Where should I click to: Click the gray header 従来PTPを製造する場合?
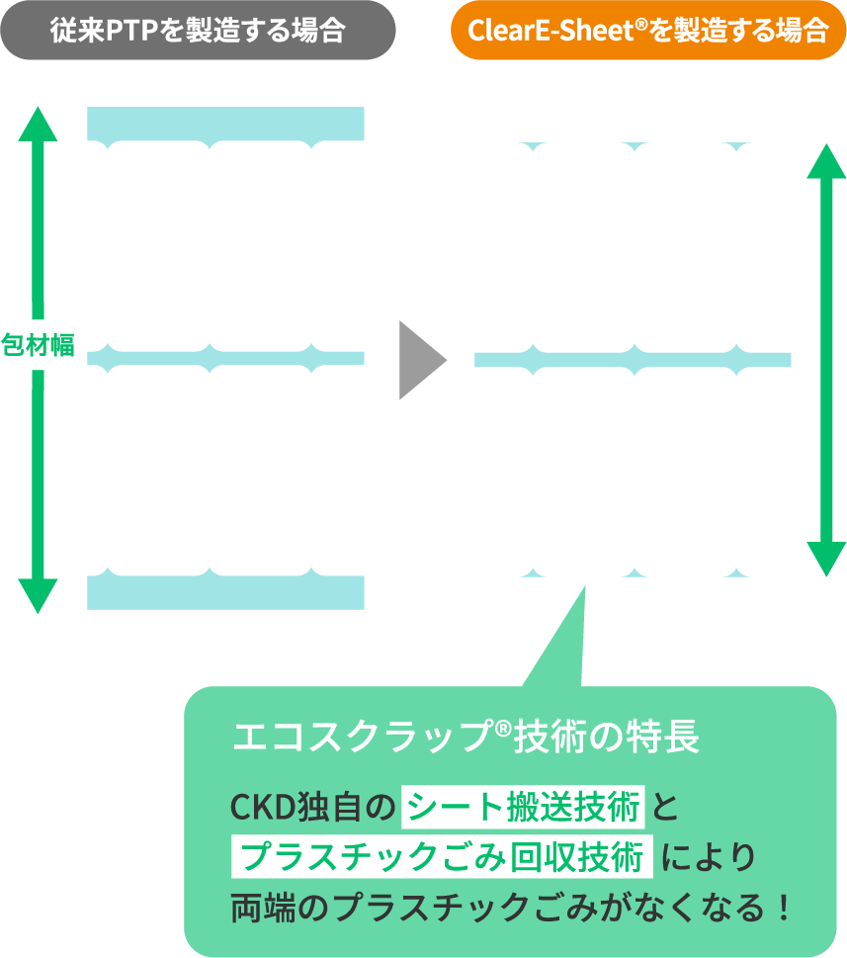(198, 31)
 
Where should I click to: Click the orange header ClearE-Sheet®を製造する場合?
(648, 31)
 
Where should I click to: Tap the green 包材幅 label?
(39, 345)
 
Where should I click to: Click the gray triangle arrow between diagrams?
(419, 360)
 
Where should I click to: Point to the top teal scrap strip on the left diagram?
(225, 123)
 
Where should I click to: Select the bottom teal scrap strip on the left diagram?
(225, 591)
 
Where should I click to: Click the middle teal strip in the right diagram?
(633, 359)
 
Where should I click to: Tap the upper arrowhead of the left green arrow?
(39, 124)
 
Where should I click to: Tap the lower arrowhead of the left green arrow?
(39, 595)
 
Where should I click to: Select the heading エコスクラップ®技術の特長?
(466, 737)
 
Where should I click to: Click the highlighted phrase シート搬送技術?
(523, 808)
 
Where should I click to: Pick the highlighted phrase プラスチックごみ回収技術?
(443, 856)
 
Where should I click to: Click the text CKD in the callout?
(256, 809)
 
